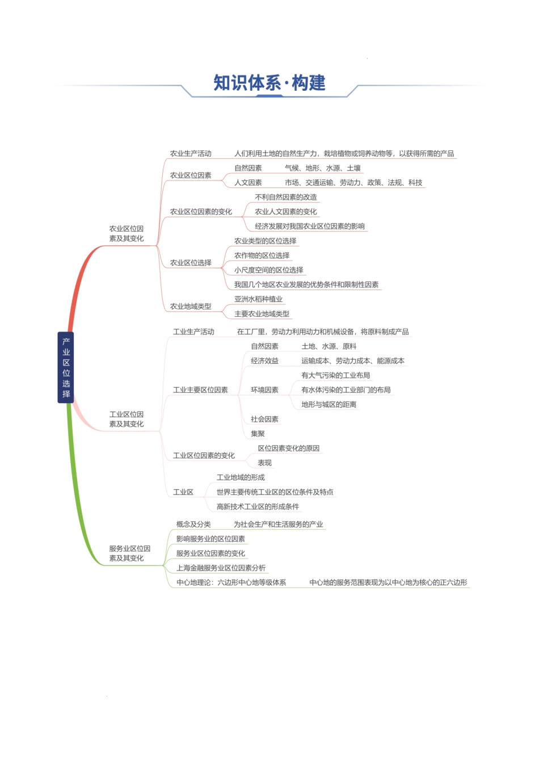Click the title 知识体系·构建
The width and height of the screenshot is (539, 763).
point(269,83)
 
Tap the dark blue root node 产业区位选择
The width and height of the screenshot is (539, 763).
point(66,367)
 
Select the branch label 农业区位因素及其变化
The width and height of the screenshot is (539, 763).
point(127,233)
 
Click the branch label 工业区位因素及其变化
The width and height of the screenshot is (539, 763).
point(127,419)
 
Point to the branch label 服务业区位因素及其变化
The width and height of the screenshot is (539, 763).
point(129,553)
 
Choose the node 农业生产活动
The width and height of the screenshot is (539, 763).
point(191,153)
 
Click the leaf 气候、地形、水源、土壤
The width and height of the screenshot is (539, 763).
point(322,168)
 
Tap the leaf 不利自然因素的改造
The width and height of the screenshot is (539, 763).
point(286,197)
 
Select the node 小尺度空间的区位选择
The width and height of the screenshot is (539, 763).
point(268,270)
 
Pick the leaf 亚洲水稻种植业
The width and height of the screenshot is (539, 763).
point(258,299)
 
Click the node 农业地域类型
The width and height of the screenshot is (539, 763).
point(191,307)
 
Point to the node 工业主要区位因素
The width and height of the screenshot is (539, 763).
point(200,390)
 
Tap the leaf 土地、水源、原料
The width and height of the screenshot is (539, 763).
point(329,346)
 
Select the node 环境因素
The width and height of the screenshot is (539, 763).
point(264,390)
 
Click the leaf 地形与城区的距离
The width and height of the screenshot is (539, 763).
point(329,404)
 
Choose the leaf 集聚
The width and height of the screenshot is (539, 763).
point(258,434)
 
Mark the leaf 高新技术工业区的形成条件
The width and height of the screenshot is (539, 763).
point(258,506)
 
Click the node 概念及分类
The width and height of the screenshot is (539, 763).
point(193,524)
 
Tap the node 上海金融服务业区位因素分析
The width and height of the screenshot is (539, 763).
point(221,568)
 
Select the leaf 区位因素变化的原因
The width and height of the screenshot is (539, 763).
point(288,448)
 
